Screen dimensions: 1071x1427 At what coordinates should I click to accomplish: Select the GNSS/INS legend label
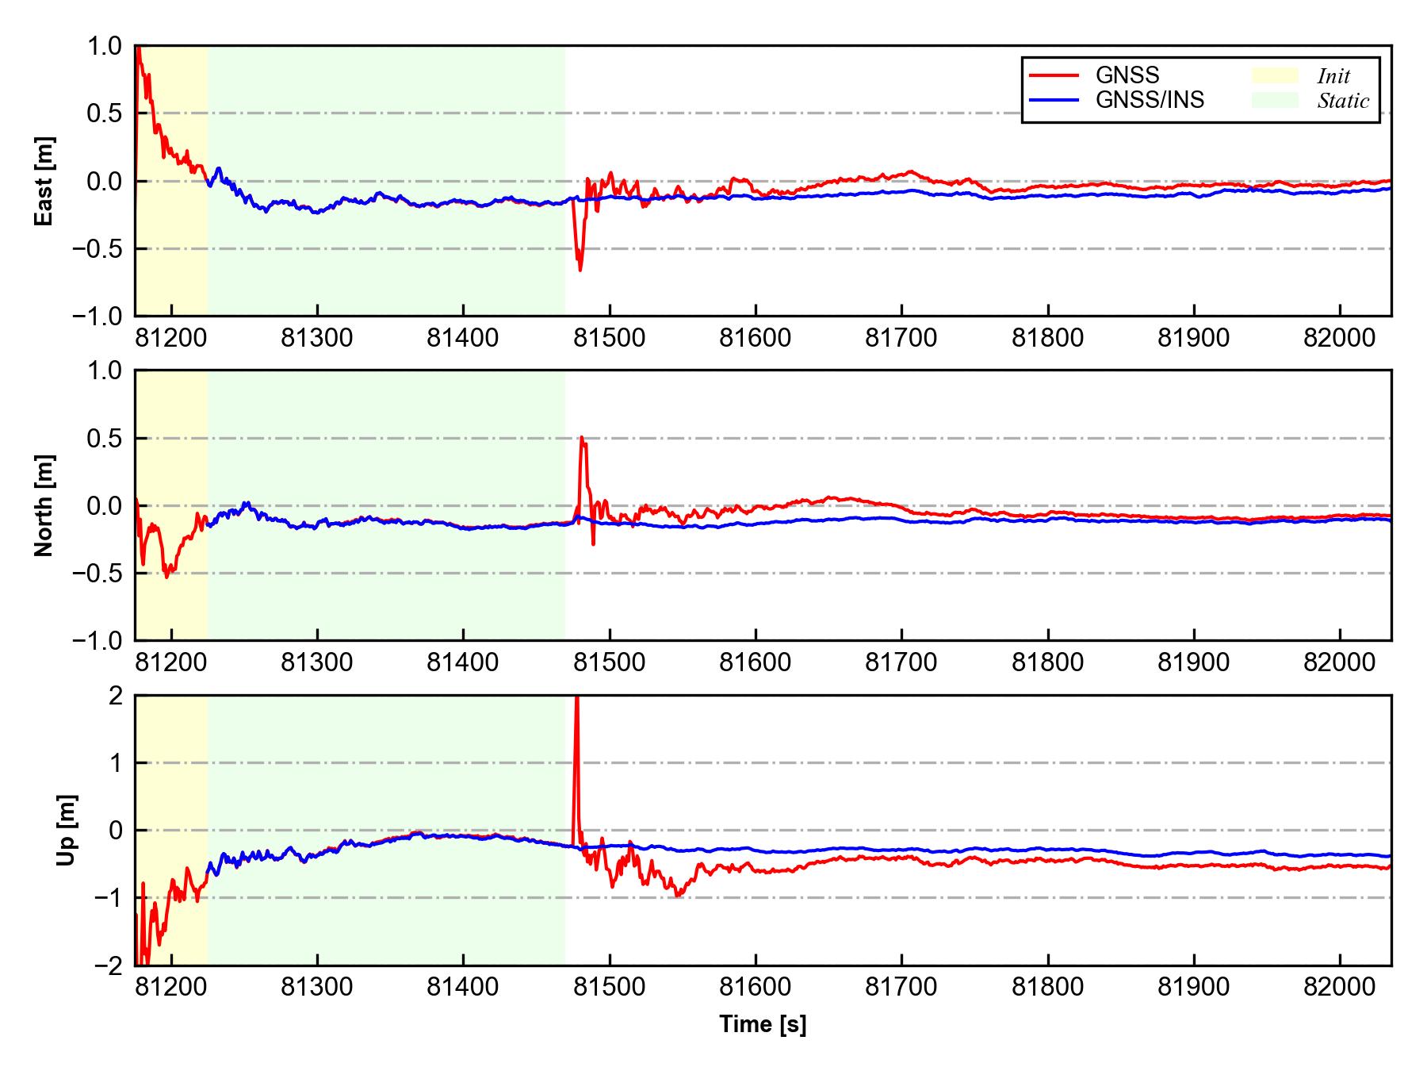point(1150,100)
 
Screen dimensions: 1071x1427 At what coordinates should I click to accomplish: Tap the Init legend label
point(1333,76)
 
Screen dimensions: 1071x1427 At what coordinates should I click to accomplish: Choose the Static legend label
point(1343,101)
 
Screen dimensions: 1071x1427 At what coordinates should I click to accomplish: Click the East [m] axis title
point(44,181)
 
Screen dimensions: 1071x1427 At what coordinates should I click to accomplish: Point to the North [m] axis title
point(44,505)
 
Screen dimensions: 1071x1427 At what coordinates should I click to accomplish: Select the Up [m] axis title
point(67,830)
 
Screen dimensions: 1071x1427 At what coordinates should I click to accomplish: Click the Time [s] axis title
point(763,1025)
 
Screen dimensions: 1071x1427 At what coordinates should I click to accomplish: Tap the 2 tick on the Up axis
point(116,696)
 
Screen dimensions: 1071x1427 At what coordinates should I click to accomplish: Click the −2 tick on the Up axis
point(109,965)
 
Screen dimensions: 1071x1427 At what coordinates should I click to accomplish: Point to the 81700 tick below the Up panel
point(901,988)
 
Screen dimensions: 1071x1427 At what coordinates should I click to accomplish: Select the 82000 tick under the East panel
point(1340,339)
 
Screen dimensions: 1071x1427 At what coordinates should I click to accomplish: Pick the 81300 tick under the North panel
point(317,663)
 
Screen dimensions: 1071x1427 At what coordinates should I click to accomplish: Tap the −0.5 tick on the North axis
point(99,573)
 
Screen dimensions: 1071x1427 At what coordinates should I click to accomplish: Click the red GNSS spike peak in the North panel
point(582,437)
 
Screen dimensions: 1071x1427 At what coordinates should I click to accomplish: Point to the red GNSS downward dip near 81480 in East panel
point(580,270)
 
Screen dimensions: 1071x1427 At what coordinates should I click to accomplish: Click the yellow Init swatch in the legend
point(1275,75)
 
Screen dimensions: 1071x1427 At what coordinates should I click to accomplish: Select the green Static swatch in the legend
point(1275,100)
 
